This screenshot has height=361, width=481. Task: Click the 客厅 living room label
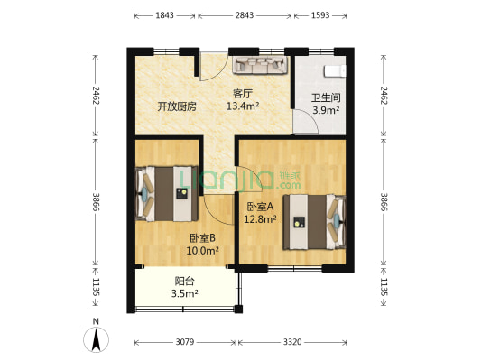click(242, 93)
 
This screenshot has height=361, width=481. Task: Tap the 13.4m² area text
click(242, 106)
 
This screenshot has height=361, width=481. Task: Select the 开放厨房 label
click(175, 106)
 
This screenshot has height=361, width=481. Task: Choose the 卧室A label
click(259, 206)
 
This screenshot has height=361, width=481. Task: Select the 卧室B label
click(201, 238)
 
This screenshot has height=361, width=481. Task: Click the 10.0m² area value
click(203, 251)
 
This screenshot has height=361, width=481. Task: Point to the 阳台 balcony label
click(183, 281)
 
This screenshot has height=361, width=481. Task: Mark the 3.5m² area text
click(184, 293)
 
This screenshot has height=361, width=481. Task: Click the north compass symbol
click(96, 338)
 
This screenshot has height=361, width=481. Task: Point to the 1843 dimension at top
click(165, 16)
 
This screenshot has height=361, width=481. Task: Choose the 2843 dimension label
click(244, 16)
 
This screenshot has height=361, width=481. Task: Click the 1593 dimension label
click(322, 16)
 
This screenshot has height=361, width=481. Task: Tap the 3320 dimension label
click(293, 342)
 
